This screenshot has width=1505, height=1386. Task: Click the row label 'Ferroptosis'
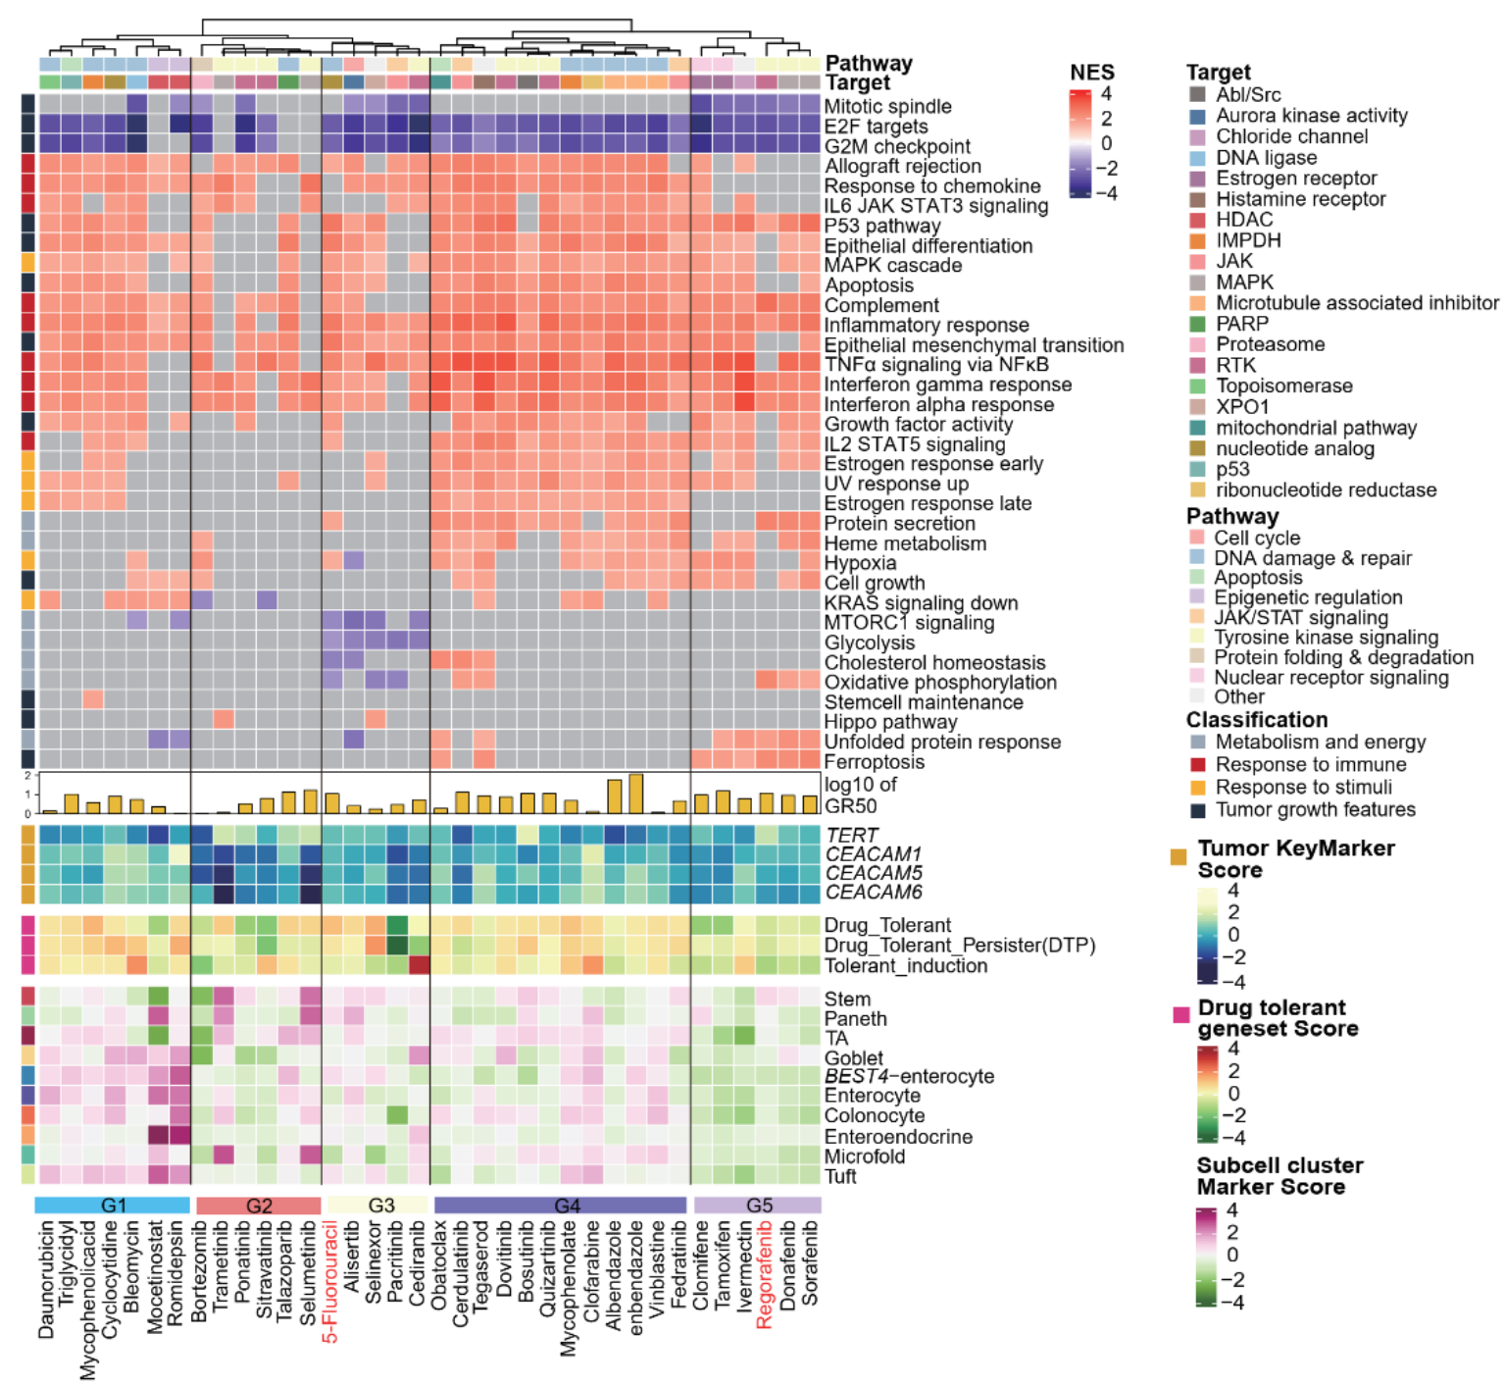pyautogui.click(x=874, y=762)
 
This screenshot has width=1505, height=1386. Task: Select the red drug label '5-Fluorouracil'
pyautogui.click(x=330, y=1281)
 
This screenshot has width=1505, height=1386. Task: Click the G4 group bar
pyautogui.click(x=560, y=1206)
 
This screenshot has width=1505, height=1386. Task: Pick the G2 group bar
pyautogui.click(x=259, y=1206)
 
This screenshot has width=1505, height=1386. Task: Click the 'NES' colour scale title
pyautogui.click(x=1092, y=73)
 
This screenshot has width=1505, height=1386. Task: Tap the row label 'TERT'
pyautogui.click(x=851, y=835)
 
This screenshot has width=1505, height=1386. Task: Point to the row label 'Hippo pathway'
pyautogui.click(x=890, y=723)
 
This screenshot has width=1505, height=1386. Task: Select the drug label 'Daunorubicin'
pyautogui.click(x=46, y=1279)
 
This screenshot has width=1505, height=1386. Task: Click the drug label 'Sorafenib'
pyautogui.click(x=810, y=1263)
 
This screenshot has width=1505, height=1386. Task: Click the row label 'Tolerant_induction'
pyautogui.click(x=906, y=966)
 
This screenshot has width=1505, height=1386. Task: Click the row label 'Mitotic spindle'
pyautogui.click(x=888, y=107)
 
